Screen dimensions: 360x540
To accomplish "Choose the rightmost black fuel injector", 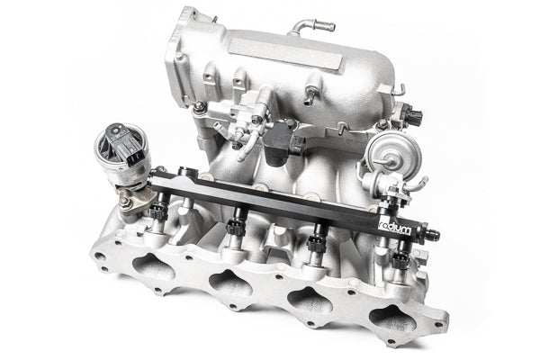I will coord(400,261).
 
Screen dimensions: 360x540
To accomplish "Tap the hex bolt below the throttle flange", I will coord(199,107).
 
